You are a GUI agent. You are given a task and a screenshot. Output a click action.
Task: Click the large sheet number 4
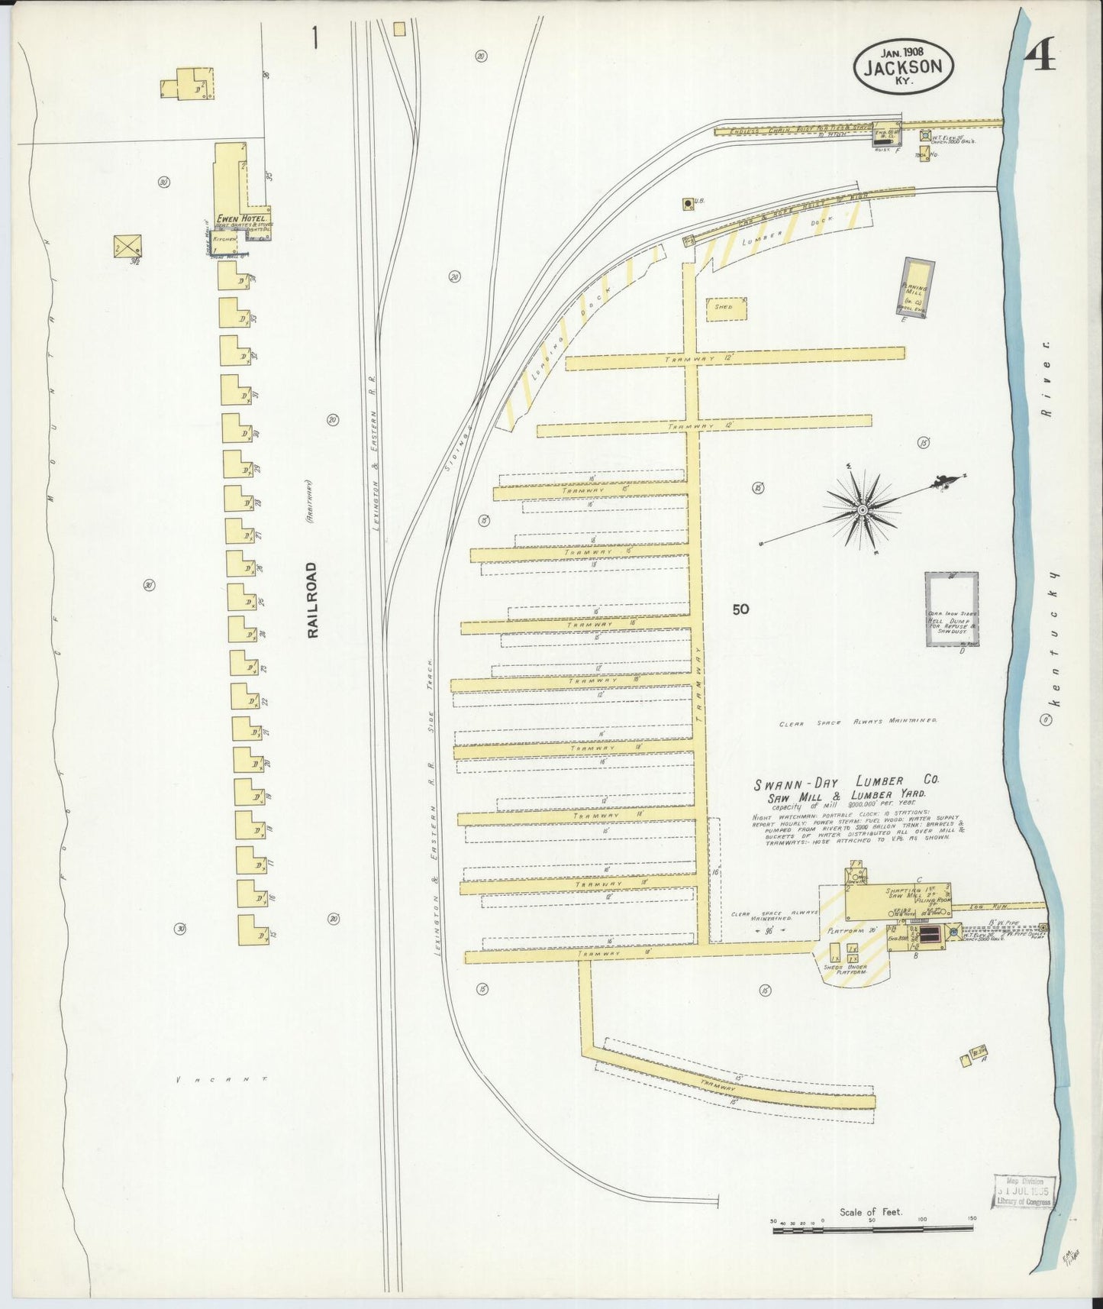(1040, 56)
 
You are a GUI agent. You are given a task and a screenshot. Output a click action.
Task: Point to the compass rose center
(863, 509)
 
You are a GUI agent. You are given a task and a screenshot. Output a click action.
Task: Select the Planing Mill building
(917, 286)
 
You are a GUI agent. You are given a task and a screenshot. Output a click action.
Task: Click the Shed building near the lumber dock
(726, 307)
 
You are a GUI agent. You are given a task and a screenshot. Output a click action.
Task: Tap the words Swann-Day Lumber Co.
(847, 782)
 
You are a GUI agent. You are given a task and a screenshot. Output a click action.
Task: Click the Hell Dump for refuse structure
(951, 609)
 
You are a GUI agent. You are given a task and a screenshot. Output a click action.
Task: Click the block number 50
(740, 609)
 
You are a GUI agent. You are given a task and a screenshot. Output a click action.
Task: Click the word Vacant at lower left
(221, 1080)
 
